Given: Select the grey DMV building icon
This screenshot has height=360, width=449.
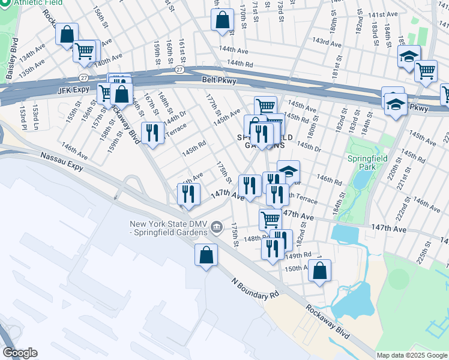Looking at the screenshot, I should (217, 227).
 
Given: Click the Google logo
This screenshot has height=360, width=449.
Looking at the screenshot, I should (20, 353).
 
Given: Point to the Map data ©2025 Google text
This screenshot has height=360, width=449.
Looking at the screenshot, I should (411, 355).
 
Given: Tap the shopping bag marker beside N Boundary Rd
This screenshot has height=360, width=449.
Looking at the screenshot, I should (206, 255).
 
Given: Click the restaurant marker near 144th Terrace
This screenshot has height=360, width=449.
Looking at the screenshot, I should (152, 133).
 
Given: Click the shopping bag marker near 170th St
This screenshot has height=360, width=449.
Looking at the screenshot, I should (222, 20).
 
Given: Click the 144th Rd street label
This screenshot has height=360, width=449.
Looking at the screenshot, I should (239, 63).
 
